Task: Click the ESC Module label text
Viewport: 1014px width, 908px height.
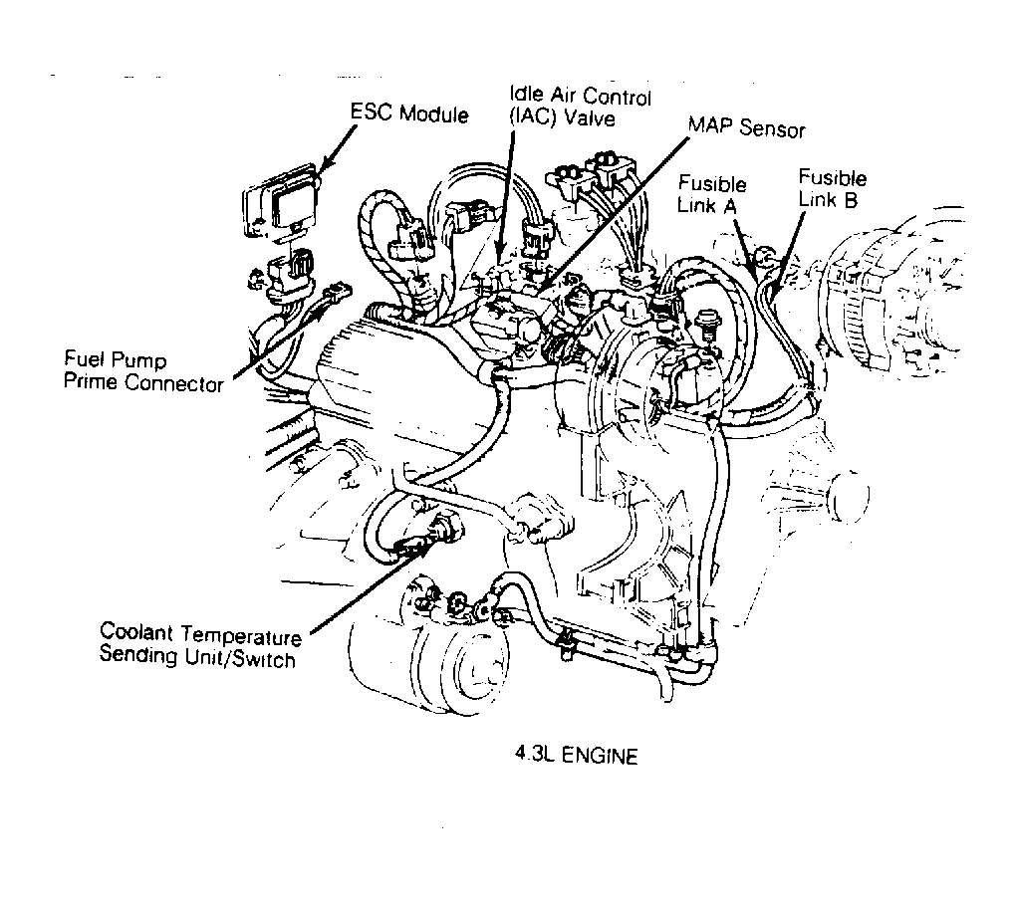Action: (408, 113)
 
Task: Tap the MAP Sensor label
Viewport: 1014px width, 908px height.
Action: (746, 129)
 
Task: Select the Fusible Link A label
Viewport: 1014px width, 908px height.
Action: (712, 193)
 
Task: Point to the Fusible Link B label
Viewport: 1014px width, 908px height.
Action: (833, 188)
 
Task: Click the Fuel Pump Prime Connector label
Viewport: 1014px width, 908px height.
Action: (143, 370)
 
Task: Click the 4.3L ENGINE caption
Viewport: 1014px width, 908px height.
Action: (571, 756)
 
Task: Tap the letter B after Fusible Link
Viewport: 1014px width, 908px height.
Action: (856, 199)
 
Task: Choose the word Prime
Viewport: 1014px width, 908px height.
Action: (91, 382)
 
